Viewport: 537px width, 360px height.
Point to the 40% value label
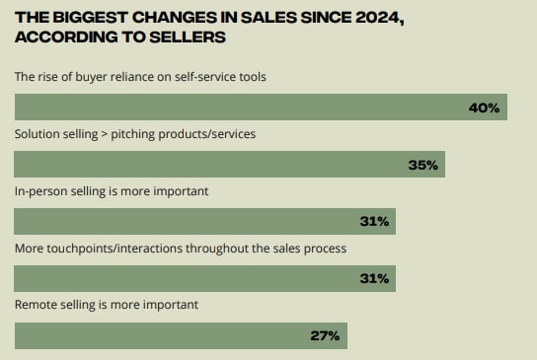pos(484,107)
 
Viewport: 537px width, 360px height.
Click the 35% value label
pos(422,165)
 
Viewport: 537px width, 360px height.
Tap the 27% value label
pos(325,335)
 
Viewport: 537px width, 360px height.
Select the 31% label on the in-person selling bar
pos(373,222)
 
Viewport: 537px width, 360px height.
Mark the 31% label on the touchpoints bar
pos(373,279)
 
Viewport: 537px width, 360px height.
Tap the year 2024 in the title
pos(376,17)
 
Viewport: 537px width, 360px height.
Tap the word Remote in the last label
pos(38,305)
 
